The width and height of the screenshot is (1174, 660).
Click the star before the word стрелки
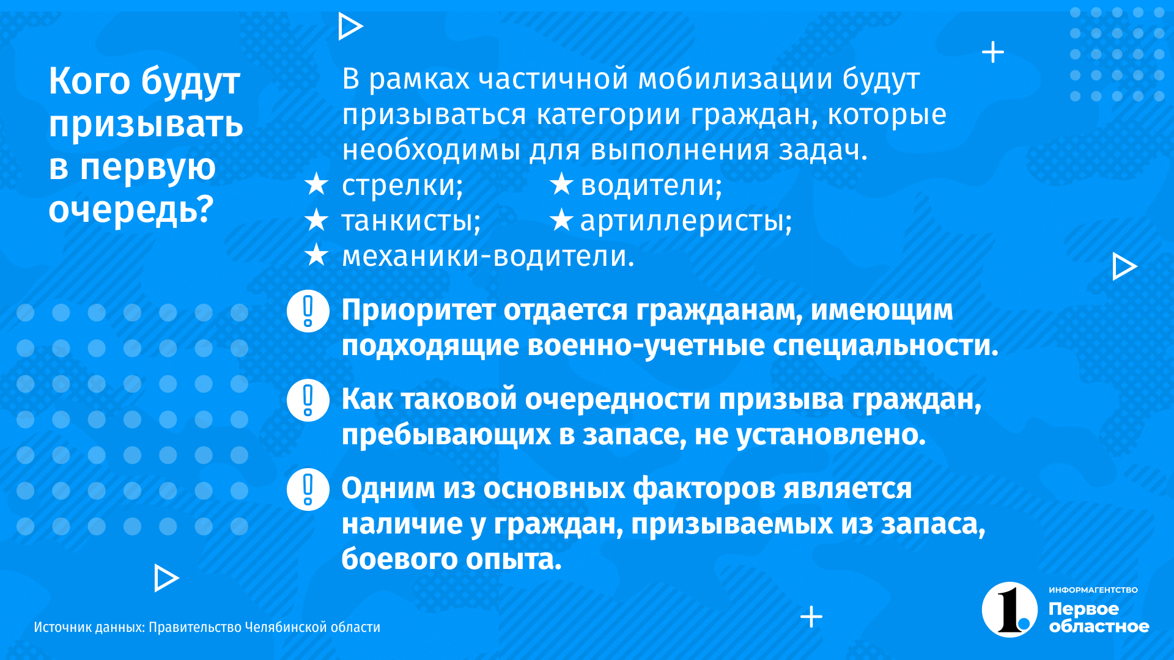click(316, 184)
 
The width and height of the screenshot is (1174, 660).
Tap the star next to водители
click(561, 184)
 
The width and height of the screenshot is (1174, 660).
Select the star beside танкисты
click(316, 219)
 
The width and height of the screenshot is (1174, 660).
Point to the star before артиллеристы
click(561, 219)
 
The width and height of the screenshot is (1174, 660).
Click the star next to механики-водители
click(316, 255)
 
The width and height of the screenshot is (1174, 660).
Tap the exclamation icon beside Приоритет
click(308, 311)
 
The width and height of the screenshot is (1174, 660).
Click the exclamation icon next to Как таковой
click(308, 400)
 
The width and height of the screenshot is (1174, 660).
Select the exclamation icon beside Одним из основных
click(308, 490)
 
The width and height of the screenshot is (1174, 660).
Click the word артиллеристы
click(686, 221)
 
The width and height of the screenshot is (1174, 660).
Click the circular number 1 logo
click(1010, 609)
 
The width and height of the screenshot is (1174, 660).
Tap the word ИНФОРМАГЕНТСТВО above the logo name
click(1093, 590)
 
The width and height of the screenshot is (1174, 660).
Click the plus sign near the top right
click(993, 52)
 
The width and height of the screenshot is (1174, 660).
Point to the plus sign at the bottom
click(811, 617)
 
